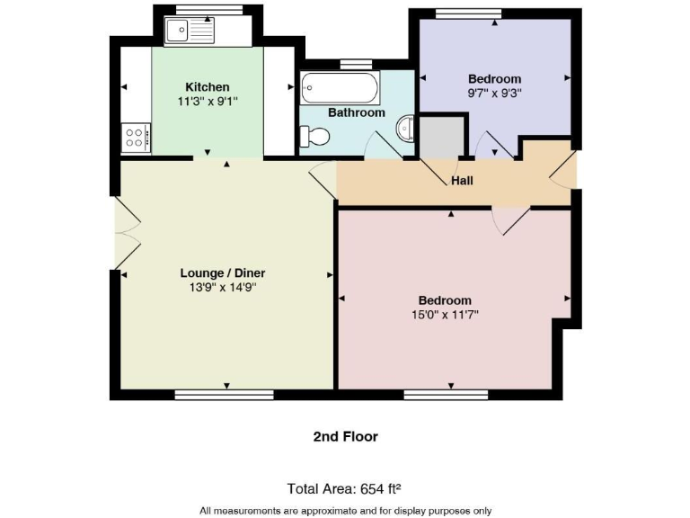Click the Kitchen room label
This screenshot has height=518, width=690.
click(x=208, y=86)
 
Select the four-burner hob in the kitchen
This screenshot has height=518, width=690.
click(x=136, y=138)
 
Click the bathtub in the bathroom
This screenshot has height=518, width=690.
click(x=332, y=88)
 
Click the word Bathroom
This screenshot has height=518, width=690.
click(x=356, y=112)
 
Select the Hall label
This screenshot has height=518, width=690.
click(x=462, y=181)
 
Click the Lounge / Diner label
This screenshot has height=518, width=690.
click(x=223, y=272)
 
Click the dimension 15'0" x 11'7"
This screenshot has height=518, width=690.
click(x=445, y=315)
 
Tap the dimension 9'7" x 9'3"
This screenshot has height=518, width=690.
click(x=494, y=93)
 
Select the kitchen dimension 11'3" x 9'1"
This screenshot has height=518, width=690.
click(x=208, y=102)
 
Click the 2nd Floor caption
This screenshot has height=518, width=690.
click(x=345, y=436)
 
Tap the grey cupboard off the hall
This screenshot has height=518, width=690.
click(x=440, y=137)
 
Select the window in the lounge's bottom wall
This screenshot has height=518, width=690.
click(x=224, y=394)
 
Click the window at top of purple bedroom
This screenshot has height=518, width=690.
click(x=493, y=13)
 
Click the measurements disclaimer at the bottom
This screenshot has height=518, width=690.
click(x=345, y=510)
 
